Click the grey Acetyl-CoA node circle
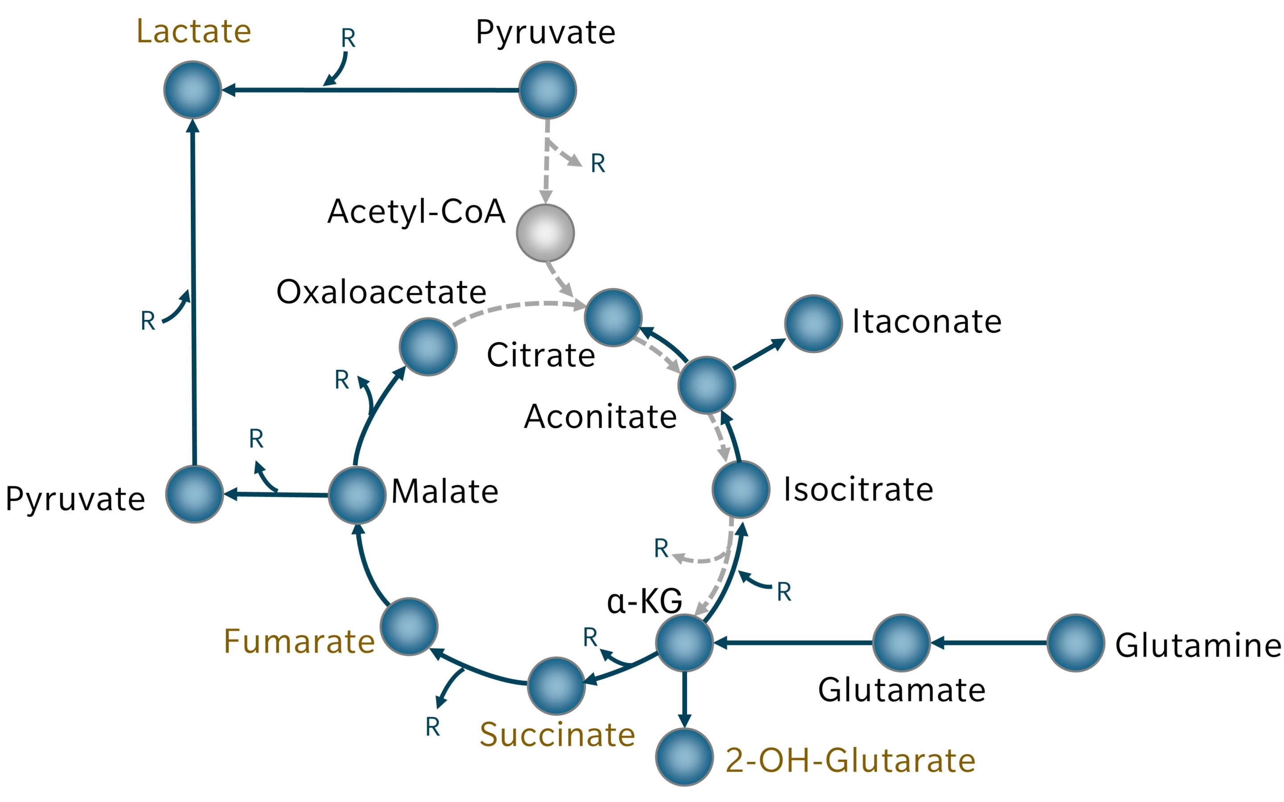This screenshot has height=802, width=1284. [x=545, y=233]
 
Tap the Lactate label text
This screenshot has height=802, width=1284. [x=193, y=31]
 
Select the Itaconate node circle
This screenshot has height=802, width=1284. [x=813, y=323]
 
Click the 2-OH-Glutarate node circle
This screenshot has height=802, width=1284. [x=684, y=757]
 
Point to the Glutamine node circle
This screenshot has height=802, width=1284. [x=1075, y=643]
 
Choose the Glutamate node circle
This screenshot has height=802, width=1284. [x=901, y=643]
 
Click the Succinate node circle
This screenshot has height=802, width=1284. [x=556, y=686]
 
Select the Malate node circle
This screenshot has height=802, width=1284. [x=357, y=495]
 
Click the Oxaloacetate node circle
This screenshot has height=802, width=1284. [x=428, y=347]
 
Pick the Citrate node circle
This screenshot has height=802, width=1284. [x=613, y=318]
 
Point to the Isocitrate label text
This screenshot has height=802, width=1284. [x=858, y=489]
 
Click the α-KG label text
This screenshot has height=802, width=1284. [x=644, y=601]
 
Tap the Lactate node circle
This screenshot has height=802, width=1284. [x=193, y=90]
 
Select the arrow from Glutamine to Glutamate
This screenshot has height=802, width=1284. [x=988, y=643]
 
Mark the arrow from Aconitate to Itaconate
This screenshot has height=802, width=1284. [x=759, y=354]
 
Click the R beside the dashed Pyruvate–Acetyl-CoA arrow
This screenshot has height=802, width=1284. [x=598, y=164]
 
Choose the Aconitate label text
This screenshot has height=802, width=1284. [x=600, y=417]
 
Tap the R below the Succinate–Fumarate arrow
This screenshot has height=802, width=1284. [x=432, y=727]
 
